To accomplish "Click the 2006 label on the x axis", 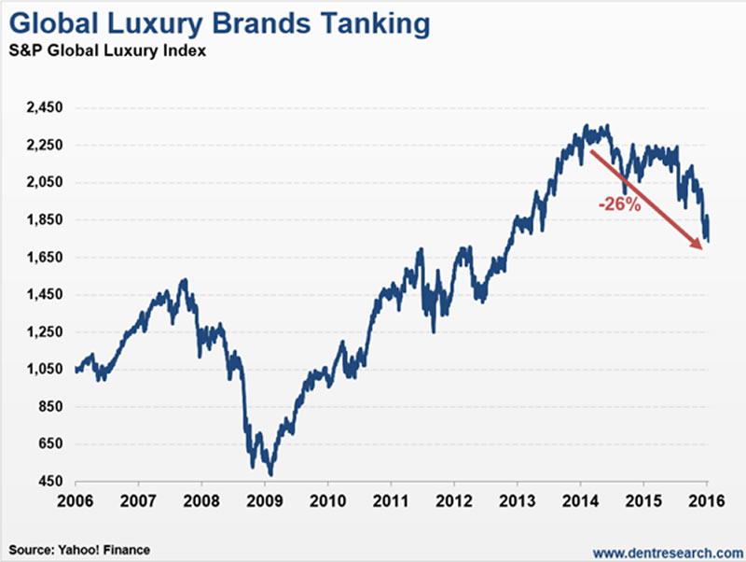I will click(76, 499).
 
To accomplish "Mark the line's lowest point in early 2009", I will click(269, 474).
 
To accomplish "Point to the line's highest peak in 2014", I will click(587, 125).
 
